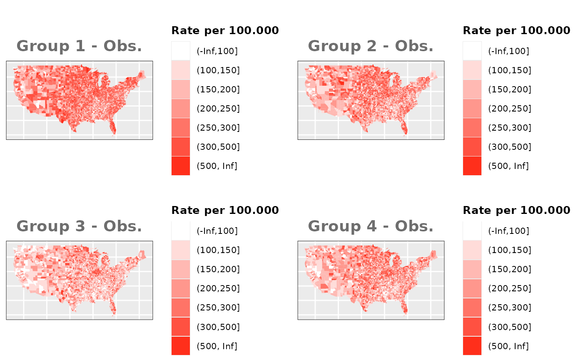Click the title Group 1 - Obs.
pos(79,46)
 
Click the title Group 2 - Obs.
pos(371,46)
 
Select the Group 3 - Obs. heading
pos(79,226)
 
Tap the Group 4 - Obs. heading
pos(371,226)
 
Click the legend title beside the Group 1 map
pos(225,30)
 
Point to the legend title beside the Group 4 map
pos(516,210)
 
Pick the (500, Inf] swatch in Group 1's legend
pos(181,166)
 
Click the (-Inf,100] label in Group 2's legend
pos(508,51)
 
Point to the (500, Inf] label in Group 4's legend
pos(508,346)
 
